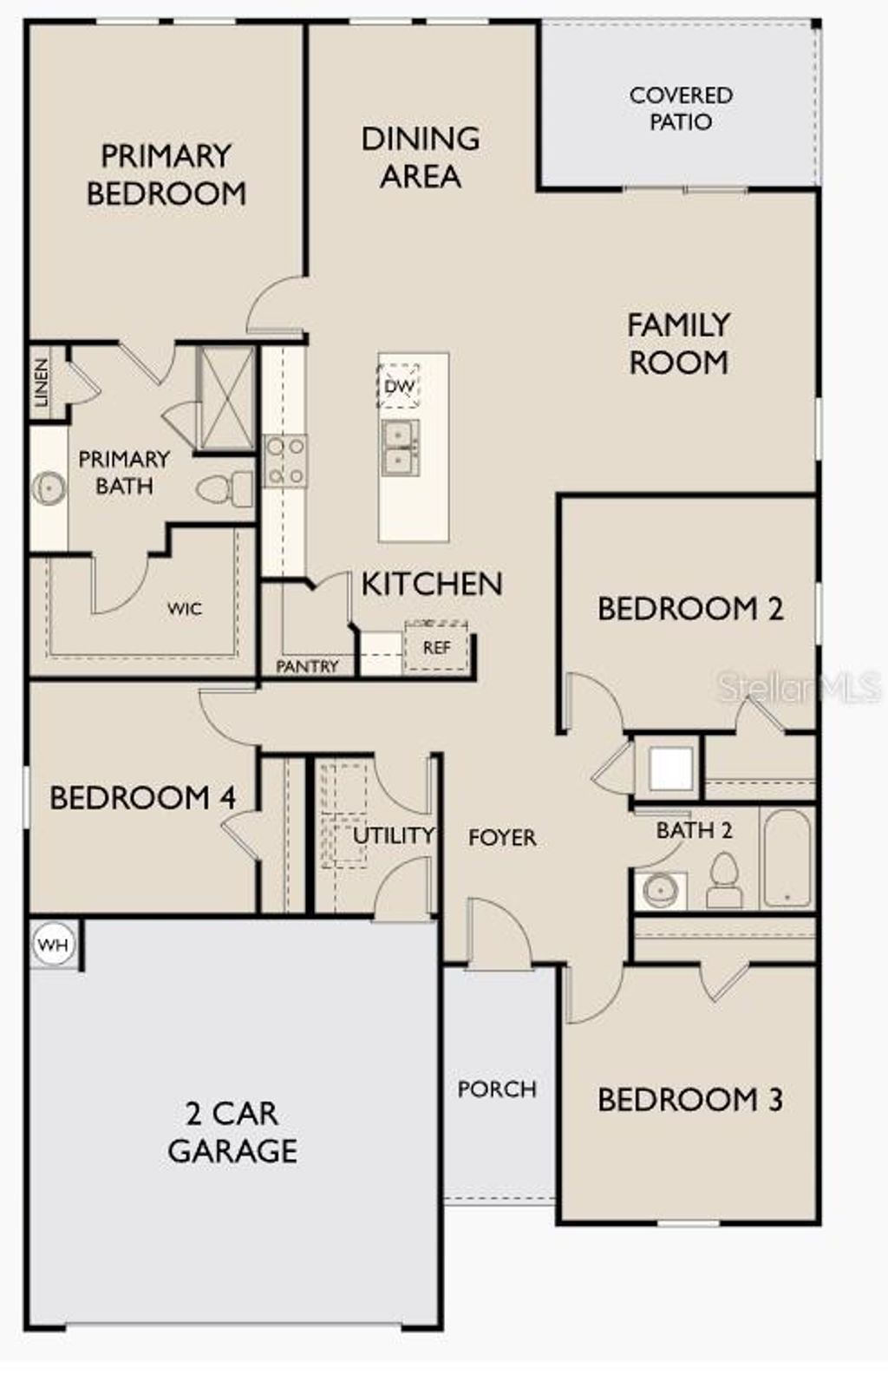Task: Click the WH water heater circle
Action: [x=53, y=945]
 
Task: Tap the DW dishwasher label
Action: [x=399, y=386]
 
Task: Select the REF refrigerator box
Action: [x=436, y=647]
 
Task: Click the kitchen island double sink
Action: [x=400, y=447]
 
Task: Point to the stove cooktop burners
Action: [x=285, y=461]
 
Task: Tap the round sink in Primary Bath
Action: [x=49, y=488]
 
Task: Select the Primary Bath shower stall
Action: [x=226, y=398]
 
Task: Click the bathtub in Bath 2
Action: [x=787, y=858]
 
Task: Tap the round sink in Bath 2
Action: [x=660, y=891]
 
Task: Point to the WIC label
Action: [x=185, y=609]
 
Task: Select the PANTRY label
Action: [x=307, y=666]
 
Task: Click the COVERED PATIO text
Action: [x=681, y=108]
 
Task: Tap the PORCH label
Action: [x=497, y=1089]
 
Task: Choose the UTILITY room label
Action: [x=393, y=835]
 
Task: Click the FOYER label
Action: [x=502, y=837]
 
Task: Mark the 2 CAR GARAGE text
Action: [x=232, y=1132]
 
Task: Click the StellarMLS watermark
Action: [x=799, y=688]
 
